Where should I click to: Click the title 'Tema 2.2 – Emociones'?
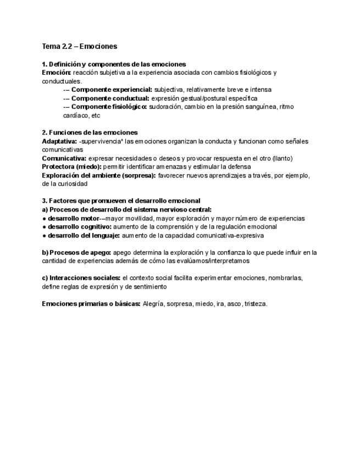coord(80,46)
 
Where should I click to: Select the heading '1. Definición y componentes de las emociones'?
coord(114,64)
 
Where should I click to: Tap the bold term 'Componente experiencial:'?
coord(112,89)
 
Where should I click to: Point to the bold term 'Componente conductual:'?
coord(110,98)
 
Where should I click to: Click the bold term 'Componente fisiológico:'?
coord(109,107)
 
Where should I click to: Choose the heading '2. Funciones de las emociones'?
coord(90,132)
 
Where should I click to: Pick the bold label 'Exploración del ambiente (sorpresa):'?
coord(98,175)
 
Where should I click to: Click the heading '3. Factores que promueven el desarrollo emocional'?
coord(121,201)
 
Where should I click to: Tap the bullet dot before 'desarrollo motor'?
coord(44,218)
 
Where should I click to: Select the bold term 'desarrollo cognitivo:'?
coord(80,226)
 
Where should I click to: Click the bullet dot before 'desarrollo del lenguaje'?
coord(44,235)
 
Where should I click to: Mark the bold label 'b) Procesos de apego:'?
coord(76,252)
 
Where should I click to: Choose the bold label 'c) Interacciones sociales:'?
coord(81,278)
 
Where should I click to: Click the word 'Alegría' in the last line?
coord(153,304)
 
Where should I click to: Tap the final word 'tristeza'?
coord(255,304)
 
